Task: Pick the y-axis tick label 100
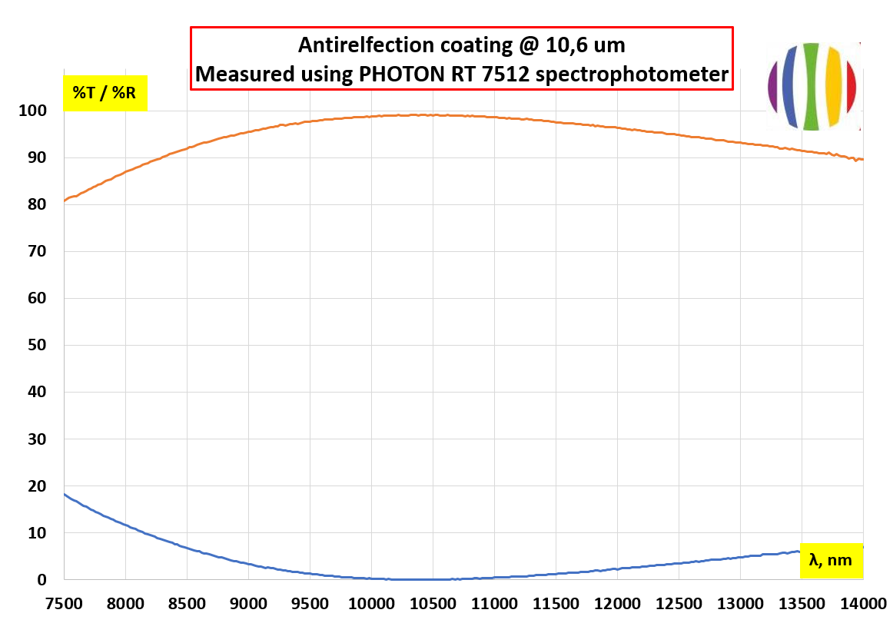tap(35, 111)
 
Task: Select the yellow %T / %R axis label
tap(105, 94)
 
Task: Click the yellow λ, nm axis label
tap(831, 560)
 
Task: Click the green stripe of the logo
tap(810, 86)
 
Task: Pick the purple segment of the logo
tap(773, 86)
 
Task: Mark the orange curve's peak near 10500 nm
tap(415, 114)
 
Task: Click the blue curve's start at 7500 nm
tap(65, 494)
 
